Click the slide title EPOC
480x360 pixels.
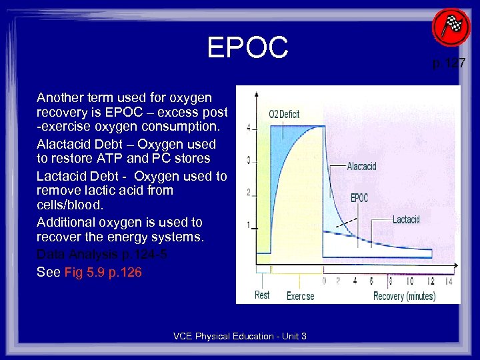coord(247,48)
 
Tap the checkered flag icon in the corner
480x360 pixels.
coord(451,27)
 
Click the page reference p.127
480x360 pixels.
coord(449,64)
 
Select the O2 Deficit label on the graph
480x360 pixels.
coord(284,114)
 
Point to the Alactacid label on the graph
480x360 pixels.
coord(361,166)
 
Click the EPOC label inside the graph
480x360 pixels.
coord(359,197)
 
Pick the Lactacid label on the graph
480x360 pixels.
coord(406,219)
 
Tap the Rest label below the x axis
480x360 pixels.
coord(262,295)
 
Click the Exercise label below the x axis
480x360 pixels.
coord(300,296)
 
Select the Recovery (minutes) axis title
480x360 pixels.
coord(404,296)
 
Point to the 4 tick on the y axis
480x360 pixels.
coord(249,127)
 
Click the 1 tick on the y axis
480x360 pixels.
coord(249,225)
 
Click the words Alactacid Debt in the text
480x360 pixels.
coord(75,144)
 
